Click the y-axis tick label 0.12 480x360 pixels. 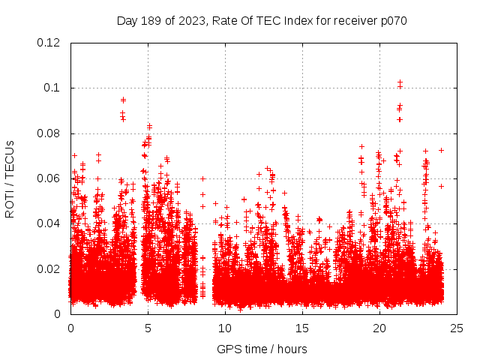point(49,43)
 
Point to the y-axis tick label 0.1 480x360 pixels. point(52,88)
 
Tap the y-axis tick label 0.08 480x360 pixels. point(49,133)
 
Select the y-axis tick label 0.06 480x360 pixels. point(49,178)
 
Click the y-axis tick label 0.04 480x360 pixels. point(49,223)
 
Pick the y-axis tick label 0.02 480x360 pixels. point(49,268)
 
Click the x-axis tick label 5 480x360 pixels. point(148,328)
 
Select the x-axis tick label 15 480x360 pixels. point(302,328)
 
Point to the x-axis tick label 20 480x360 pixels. point(379,328)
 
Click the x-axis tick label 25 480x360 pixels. point(457,328)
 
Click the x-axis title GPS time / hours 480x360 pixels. point(262,349)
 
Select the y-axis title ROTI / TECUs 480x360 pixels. point(10,178)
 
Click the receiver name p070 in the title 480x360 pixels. point(392,20)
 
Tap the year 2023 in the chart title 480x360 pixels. point(190,20)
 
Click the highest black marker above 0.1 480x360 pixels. point(400,82)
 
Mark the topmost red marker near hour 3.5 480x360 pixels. point(123,100)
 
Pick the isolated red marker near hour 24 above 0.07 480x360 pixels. point(441,150)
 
